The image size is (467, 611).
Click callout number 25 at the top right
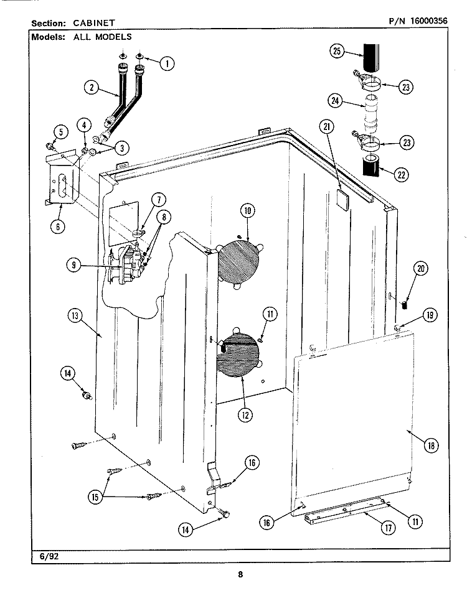click(x=337, y=52)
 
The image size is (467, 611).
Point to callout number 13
click(x=76, y=315)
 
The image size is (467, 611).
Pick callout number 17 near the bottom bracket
click(x=387, y=528)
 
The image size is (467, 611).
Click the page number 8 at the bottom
click(x=240, y=574)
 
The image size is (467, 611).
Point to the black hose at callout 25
click(x=370, y=57)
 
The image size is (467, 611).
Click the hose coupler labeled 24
click(x=372, y=115)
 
